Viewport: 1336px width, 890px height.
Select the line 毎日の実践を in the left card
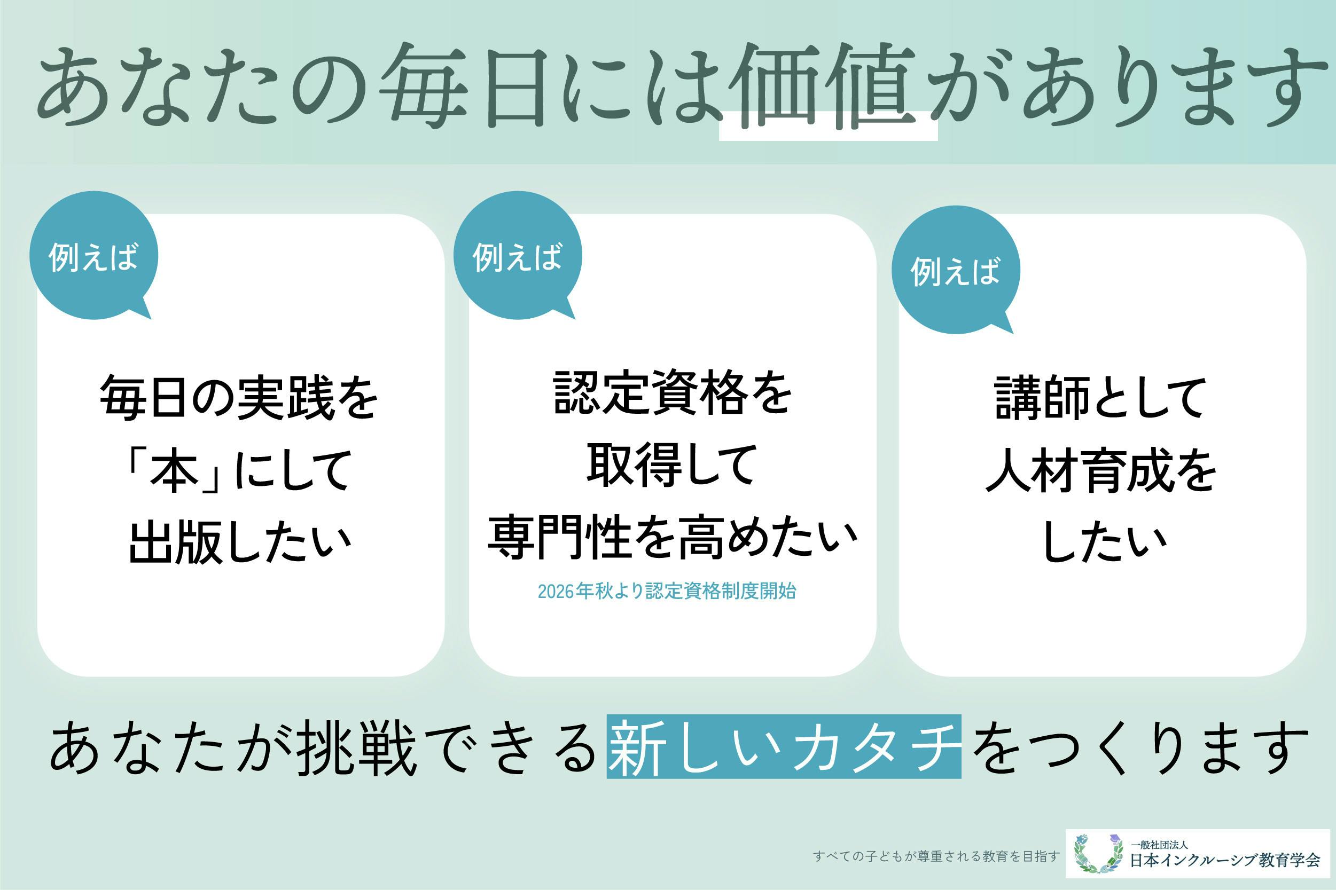tap(239, 398)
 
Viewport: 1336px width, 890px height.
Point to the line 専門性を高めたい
tap(673, 537)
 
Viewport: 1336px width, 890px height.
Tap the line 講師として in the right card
tap(1101, 398)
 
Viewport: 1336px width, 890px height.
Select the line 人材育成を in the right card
tap(1101, 471)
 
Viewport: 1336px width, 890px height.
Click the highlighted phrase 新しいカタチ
tap(784, 746)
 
